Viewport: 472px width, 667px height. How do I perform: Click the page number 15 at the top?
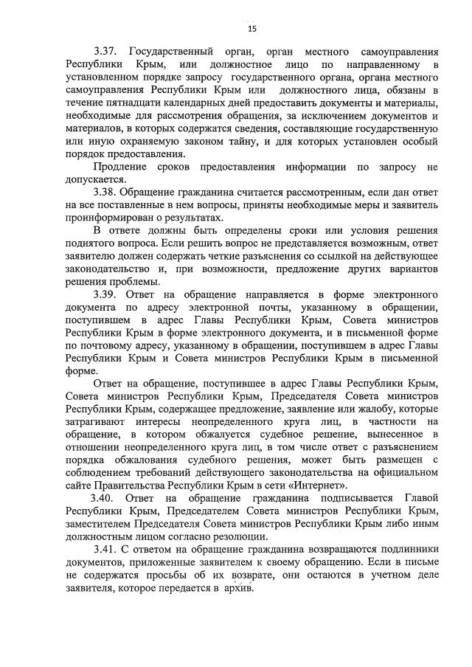tap(251, 29)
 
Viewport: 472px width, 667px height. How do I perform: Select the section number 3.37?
tap(108, 53)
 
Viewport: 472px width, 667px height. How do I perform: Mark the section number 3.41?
tap(108, 550)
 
